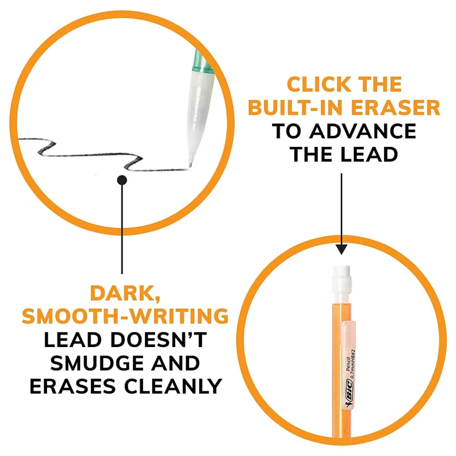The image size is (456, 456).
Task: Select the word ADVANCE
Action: point(363,131)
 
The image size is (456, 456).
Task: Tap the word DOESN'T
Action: point(159,340)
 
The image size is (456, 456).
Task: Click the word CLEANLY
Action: point(173,386)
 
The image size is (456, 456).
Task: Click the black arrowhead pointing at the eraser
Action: point(342,249)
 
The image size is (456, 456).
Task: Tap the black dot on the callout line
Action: point(122,180)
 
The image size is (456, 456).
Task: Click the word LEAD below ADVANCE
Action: point(369,154)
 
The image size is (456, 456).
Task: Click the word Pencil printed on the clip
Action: point(348,363)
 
